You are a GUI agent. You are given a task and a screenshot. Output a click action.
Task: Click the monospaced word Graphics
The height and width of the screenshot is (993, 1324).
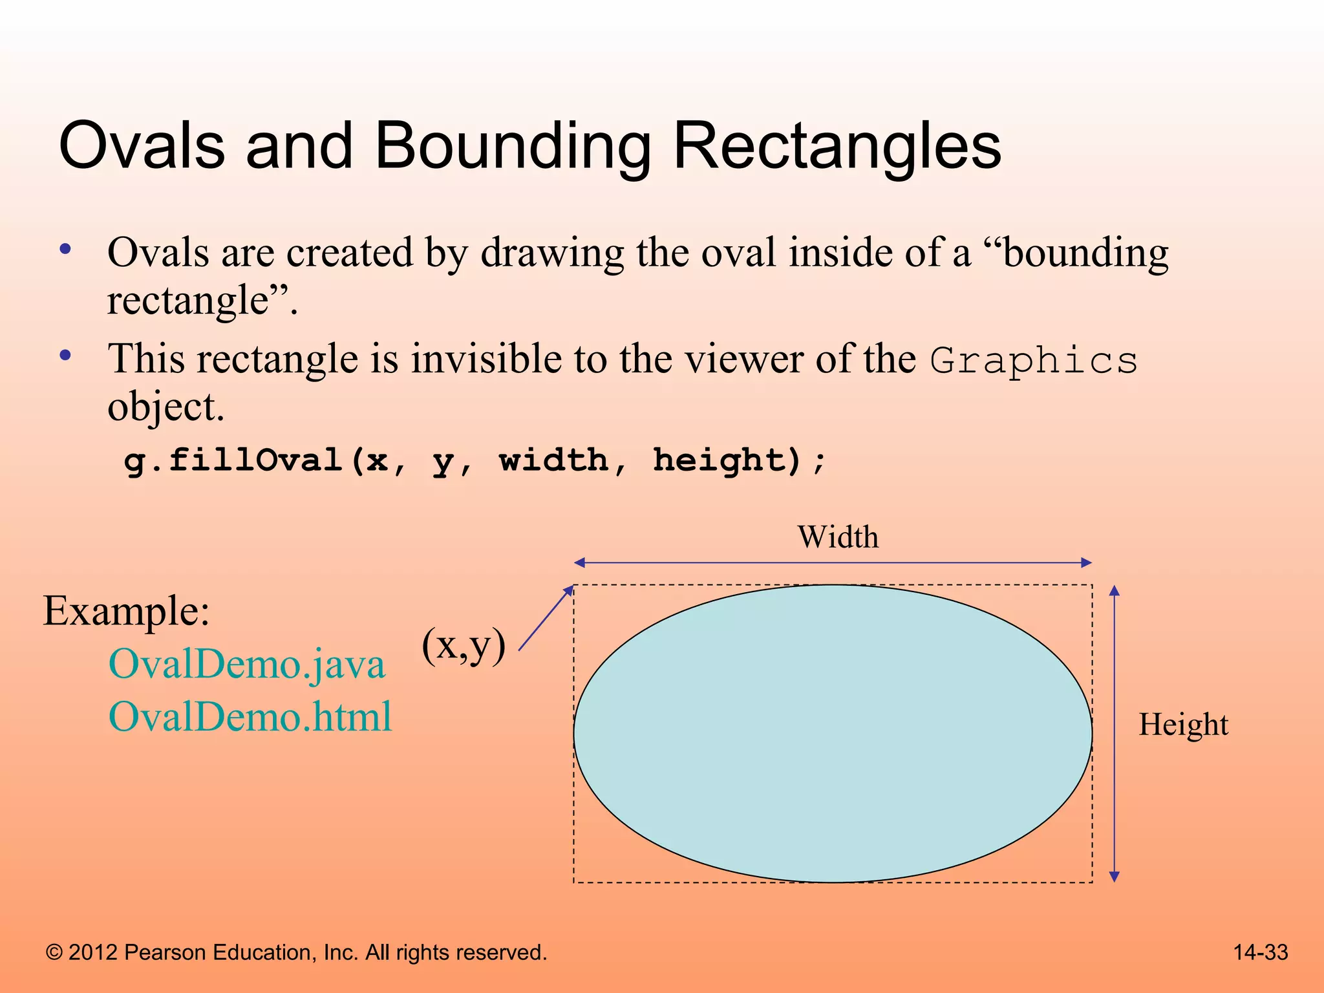click(x=1034, y=361)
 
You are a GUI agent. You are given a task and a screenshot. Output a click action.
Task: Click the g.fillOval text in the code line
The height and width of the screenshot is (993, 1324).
click(x=233, y=460)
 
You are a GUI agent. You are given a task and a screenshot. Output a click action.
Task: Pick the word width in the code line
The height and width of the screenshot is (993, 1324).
click(x=554, y=460)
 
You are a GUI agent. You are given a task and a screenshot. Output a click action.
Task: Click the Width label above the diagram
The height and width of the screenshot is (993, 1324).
click(x=838, y=537)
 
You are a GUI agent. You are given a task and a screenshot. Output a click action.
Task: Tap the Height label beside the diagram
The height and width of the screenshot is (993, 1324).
click(x=1183, y=725)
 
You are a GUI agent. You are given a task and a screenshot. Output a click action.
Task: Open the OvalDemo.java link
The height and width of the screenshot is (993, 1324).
click(x=247, y=664)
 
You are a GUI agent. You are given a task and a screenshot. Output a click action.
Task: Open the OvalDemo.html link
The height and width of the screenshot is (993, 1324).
click(x=250, y=717)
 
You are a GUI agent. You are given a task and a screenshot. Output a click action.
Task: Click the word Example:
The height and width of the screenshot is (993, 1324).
click(x=127, y=610)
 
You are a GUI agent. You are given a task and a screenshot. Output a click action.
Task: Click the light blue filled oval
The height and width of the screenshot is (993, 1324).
click(x=833, y=734)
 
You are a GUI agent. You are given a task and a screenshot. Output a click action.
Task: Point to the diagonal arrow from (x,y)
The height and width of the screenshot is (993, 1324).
click(x=546, y=618)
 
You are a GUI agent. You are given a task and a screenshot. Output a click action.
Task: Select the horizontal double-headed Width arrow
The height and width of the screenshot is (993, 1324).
click(x=833, y=563)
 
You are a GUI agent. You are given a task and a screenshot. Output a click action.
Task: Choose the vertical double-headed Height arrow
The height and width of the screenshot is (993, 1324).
click(x=1114, y=734)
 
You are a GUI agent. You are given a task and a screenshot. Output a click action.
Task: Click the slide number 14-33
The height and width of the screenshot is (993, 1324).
click(x=1261, y=952)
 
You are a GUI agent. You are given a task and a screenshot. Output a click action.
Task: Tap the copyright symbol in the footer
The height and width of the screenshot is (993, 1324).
click(x=54, y=953)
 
